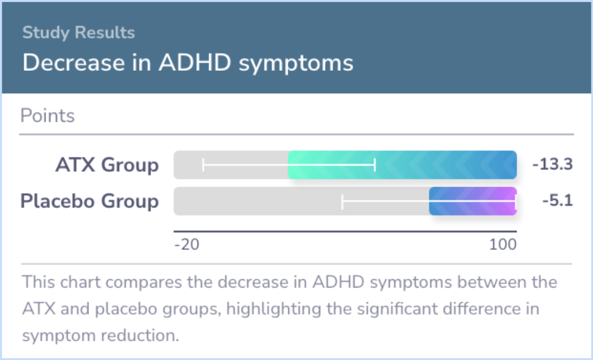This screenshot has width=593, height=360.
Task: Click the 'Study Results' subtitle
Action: [79, 33]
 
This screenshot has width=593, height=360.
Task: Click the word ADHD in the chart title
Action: [195, 63]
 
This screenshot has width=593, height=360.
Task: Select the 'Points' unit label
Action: [47, 116]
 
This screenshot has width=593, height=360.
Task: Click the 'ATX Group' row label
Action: [107, 165]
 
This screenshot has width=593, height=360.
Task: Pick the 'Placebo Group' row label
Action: [89, 201]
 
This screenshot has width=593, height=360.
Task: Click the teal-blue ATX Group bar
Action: [402, 165]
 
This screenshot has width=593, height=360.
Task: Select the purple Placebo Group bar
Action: [473, 201]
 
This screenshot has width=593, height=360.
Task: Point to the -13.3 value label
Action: [552, 165]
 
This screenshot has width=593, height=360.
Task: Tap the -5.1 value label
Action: [557, 201]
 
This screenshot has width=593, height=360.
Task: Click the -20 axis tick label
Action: [187, 245]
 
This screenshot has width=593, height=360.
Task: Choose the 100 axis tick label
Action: [503, 245]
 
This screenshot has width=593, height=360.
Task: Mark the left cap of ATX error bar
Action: [204, 165]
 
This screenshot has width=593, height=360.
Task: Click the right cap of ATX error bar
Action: [375, 165]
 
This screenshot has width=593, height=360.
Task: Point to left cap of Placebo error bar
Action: [342, 201]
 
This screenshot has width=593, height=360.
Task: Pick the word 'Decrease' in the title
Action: [74, 63]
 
